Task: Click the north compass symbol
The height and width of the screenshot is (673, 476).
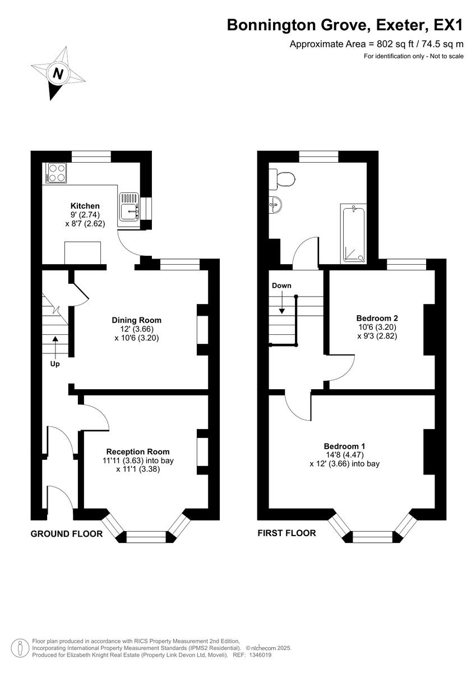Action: [x=57, y=73]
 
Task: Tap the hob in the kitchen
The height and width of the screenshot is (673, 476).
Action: [x=56, y=172]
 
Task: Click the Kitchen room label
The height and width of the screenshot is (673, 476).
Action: [x=85, y=206]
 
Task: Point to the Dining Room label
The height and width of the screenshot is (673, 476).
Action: [x=136, y=320]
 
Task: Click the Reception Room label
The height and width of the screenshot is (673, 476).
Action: [x=137, y=451]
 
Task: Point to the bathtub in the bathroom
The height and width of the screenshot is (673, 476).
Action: [x=354, y=234]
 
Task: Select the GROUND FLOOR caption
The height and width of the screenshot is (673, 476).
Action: [x=66, y=534]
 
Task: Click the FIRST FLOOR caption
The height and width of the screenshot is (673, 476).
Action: [x=286, y=533]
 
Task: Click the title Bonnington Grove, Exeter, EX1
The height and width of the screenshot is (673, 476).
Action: [x=345, y=25]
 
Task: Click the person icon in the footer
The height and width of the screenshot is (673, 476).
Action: [x=20, y=648]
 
